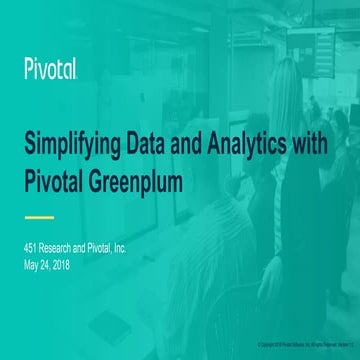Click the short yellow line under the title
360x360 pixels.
(x=38, y=216)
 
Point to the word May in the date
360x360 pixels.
(x=32, y=264)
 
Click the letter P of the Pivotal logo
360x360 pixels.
(x=29, y=69)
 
